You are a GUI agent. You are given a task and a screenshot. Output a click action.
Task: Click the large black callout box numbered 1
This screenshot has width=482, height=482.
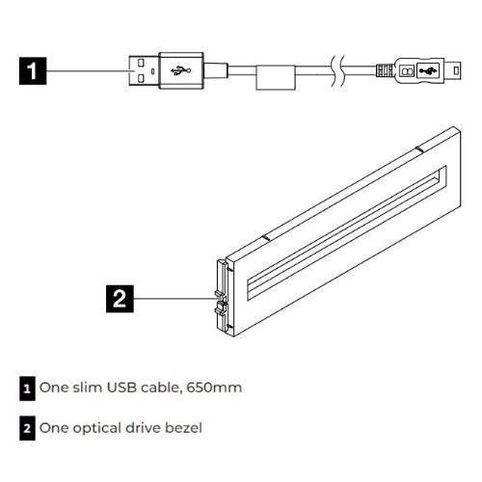[33, 71]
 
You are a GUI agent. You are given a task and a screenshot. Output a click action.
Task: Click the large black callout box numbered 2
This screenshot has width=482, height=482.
[120, 299]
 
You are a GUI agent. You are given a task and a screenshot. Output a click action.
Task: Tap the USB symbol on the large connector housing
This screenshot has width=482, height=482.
[181, 70]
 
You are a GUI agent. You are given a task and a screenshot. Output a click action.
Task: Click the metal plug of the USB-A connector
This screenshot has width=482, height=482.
[144, 70]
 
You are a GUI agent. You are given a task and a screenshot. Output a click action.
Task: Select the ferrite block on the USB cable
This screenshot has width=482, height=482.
[276, 77]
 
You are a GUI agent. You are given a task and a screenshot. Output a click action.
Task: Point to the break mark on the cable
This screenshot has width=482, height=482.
[337, 71]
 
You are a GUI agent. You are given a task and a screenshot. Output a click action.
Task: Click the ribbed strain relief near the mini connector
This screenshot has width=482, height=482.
[385, 70]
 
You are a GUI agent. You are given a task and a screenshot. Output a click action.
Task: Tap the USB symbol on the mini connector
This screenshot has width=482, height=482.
[429, 70]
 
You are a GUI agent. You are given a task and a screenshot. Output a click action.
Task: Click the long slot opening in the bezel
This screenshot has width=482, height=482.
[347, 233]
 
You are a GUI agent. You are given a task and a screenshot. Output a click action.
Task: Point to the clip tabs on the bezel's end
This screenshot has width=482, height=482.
[221, 302]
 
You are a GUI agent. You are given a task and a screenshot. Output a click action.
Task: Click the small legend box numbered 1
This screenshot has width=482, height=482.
[27, 388]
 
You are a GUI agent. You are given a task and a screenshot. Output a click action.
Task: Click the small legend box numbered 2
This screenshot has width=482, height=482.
[27, 428]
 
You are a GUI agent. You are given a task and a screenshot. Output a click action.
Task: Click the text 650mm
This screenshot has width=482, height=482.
[214, 388]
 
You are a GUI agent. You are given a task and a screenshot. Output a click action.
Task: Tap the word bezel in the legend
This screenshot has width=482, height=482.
[183, 428]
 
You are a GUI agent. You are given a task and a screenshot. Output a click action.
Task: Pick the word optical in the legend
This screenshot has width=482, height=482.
[97, 429]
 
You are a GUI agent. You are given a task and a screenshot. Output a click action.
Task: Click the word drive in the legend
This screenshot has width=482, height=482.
[143, 428]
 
